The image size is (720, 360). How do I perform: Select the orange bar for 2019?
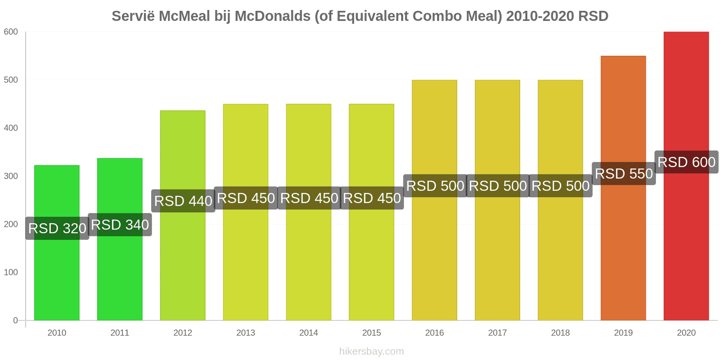click(x=623, y=252)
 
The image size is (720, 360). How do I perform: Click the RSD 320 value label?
click(x=57, y=228)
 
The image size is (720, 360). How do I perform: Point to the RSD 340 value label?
click(x=120, y=225)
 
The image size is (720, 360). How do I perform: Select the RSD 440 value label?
click(x=183, y=201)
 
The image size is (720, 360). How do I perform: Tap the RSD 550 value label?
click(x=624, y=174)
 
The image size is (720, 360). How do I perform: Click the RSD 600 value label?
click(x=686, y=162)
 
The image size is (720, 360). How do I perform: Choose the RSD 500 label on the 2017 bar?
click(x=498, y=186)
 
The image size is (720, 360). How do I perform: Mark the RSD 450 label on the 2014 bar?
click(x=309, y=198)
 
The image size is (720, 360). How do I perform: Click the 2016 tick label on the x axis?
click(x=434, y=333)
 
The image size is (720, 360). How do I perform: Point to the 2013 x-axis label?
click(x=246, y=333)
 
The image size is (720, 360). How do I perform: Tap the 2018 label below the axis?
click(x=560, y=333)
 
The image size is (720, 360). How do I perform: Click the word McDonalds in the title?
click(x=272, y=16)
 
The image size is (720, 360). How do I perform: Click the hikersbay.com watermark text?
click(x=372, y=351)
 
